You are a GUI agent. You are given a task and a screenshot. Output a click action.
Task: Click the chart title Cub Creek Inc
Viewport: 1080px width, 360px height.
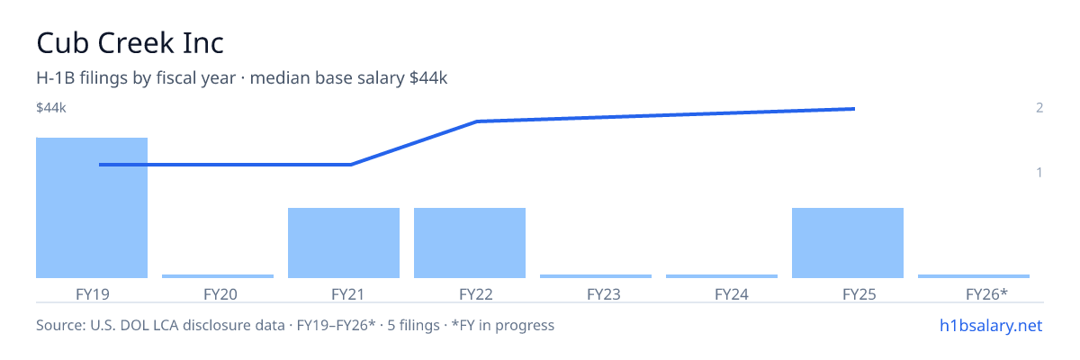click(130, 43)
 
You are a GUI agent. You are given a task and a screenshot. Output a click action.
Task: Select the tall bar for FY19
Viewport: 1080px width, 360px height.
click(92, 208)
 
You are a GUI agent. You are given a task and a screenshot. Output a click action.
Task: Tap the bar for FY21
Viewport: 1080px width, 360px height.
click(344, 243)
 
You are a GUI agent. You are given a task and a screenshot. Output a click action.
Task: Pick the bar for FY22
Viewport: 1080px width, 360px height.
click(470, 243)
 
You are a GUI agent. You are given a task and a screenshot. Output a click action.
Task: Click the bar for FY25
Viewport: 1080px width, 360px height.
click(848, 243)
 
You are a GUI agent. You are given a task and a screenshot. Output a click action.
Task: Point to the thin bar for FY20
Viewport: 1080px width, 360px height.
click(218, 276)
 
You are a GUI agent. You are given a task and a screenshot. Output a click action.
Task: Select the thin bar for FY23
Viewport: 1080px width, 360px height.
click(596, 276)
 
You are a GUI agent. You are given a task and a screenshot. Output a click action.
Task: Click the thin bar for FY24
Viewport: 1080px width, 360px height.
click(722, 276)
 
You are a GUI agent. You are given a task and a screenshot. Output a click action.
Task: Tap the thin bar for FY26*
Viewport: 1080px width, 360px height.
click(974, 276)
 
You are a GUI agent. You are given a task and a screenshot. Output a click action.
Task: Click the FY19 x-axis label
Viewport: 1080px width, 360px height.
click(93, 294)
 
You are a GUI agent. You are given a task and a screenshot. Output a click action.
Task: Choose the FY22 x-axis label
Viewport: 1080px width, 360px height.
click(476, 294)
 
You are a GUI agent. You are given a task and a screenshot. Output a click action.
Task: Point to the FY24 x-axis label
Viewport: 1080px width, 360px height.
click(732, 294)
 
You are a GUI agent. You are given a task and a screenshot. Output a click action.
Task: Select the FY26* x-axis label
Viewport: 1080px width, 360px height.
click(987, 294)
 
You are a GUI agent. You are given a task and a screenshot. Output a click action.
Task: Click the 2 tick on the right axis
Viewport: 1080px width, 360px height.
click(1039, 107)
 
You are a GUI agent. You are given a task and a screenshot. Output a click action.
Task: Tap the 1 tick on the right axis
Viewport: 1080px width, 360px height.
click(1039, 172)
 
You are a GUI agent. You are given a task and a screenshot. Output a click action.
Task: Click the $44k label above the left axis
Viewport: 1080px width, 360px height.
click(51, 107)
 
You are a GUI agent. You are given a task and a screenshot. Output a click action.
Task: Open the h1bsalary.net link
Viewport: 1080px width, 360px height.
click(991, 325)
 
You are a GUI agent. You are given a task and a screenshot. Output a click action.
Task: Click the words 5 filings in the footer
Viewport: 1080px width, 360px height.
click(414, 325)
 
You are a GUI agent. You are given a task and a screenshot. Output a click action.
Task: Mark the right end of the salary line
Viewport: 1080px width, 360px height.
click(855, 109)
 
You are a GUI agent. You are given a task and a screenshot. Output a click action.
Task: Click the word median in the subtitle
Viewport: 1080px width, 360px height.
click(280, 77)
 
